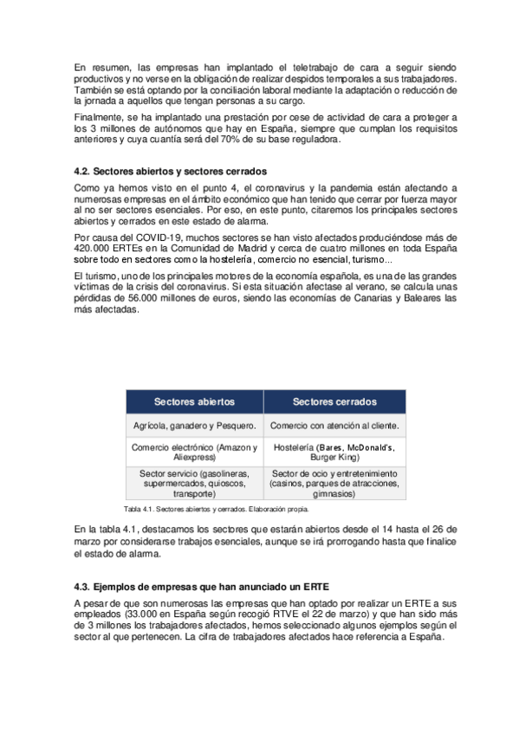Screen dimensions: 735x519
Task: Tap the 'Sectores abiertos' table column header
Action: [x=194, y=402]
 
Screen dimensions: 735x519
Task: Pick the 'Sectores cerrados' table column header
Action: [x=334, y=402]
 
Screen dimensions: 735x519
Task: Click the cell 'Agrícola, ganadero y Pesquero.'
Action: [x=195, y=426]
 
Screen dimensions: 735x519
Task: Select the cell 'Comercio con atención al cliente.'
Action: [x=334, y=426]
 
